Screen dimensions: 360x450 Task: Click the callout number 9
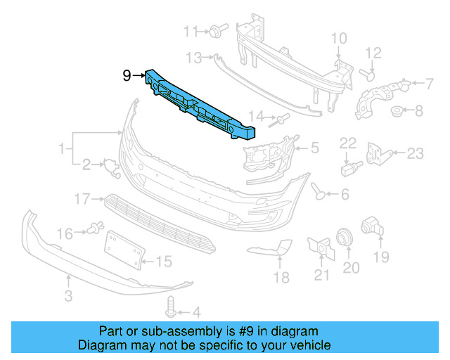click(127, 75)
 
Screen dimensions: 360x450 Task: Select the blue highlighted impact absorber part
click(200, 107)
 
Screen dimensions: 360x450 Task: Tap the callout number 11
click(191, 31)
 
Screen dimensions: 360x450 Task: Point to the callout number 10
click(339, 38)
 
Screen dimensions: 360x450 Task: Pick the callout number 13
click(194, 56)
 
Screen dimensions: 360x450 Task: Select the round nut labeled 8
click(397, 110)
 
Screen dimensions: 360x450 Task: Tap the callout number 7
click(429, 84)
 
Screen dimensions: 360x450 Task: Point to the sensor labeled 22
click(348, 169)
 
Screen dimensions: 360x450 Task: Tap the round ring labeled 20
click(345, 237)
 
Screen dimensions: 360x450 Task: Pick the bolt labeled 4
click(170, 307)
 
